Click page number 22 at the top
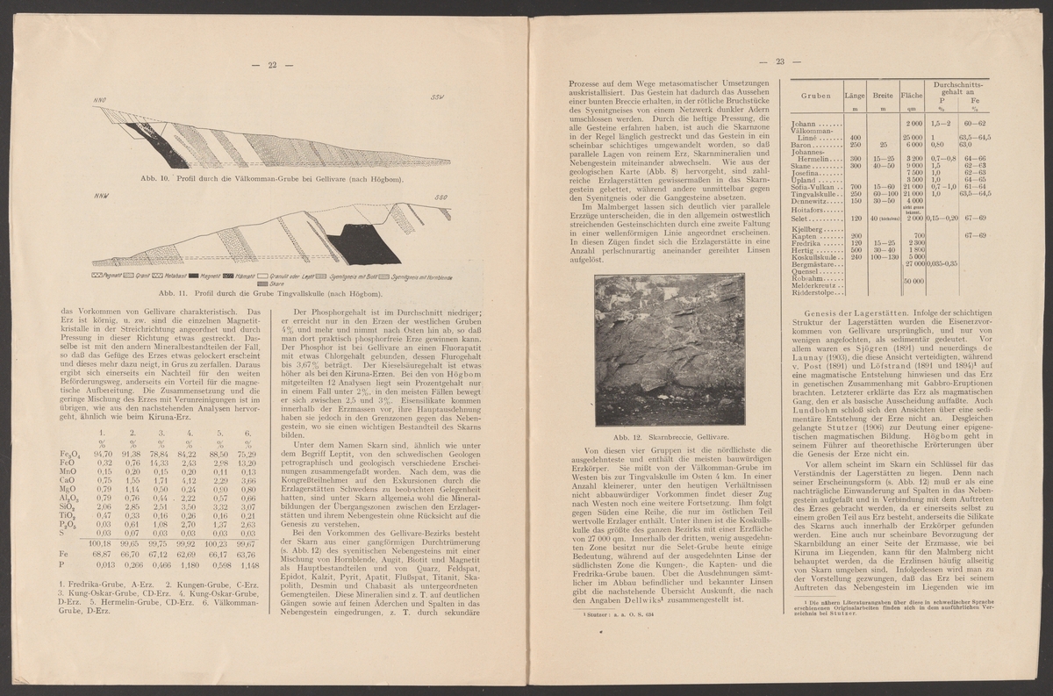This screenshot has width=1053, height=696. pos(272,64)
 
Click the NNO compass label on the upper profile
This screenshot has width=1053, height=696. pos(100,102)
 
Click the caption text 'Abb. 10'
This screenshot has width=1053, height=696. pos(149,179)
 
